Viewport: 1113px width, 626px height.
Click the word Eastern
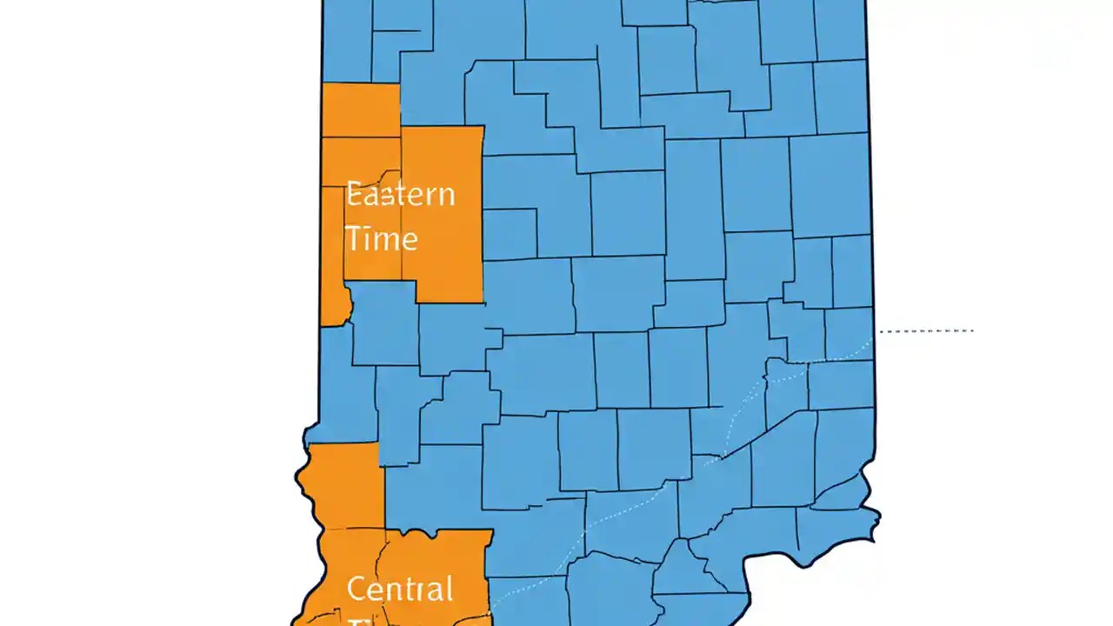[400, 194]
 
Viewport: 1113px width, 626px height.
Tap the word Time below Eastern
[382, 237]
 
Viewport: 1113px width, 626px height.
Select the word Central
[400, 589]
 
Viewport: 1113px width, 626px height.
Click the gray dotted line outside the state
[926, 330]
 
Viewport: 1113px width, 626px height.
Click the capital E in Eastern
[353, 194]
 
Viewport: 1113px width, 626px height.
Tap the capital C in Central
[356, 589]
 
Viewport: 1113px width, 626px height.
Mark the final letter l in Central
[449, 589]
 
